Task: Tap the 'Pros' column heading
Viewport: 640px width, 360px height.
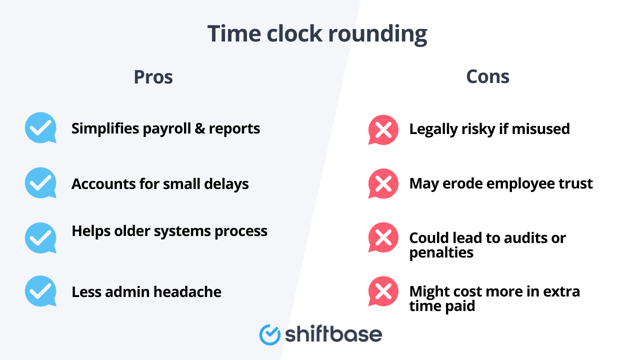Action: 153,77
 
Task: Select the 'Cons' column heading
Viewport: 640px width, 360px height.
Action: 487,77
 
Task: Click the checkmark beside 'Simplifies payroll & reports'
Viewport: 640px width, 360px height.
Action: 41,128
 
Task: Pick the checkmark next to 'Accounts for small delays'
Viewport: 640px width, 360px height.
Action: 41,183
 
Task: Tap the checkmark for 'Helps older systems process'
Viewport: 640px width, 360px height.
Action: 41,237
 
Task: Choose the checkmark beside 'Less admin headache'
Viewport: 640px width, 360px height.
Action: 41,291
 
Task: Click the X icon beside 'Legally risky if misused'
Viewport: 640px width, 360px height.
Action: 383,129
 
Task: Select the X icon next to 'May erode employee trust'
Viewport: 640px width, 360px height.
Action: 383,183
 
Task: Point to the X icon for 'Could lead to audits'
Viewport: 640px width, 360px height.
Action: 383,238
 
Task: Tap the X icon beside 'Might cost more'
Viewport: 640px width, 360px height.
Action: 383,292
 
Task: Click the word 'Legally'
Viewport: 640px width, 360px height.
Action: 438,129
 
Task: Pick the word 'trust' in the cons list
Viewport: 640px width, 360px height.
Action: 572,184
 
